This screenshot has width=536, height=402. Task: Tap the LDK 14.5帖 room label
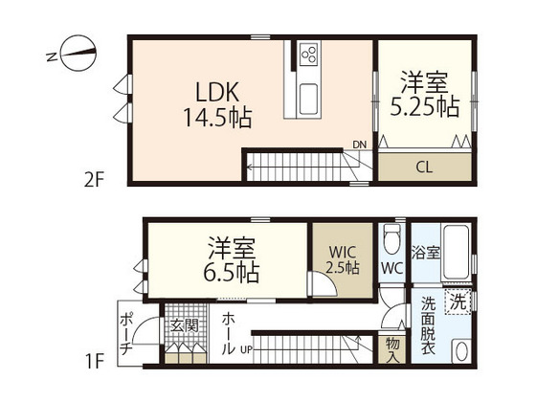[217, 105]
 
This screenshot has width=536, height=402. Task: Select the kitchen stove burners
[312, 55]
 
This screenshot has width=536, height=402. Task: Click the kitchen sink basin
[312, 97]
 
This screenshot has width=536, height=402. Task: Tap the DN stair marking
[359, 145]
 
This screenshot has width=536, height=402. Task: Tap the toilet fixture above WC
[390, 235]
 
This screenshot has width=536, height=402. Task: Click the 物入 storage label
[392, 348]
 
